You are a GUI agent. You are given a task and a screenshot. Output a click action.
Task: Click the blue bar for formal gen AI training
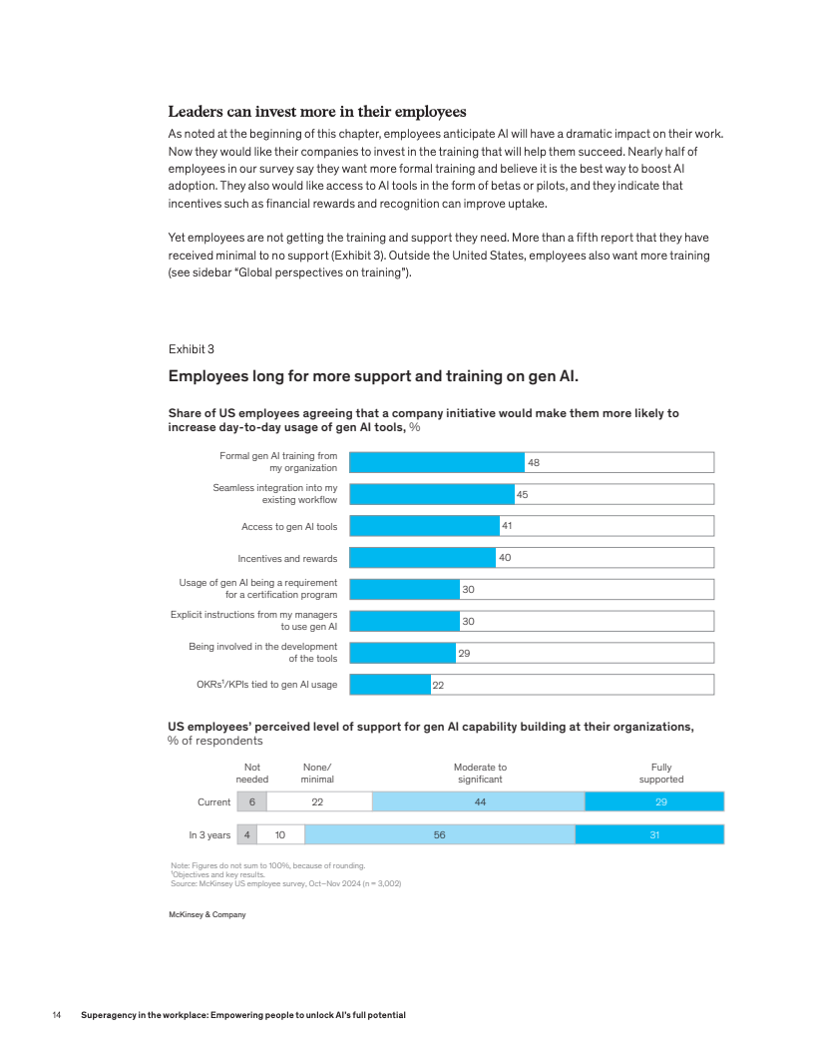(436, 462)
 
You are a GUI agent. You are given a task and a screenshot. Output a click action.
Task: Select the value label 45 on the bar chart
(522, 494)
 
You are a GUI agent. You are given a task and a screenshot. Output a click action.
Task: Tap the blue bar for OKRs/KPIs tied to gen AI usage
(389, 685)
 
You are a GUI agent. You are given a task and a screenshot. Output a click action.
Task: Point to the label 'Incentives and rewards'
(287, 558)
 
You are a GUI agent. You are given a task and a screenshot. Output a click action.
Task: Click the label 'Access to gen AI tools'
(289, 526)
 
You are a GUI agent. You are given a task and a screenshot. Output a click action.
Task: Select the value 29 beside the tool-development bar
(464, 653)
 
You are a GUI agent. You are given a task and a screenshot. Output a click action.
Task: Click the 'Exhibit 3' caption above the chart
(191, 348)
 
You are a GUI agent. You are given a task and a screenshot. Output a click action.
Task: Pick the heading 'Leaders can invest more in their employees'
(317, 111)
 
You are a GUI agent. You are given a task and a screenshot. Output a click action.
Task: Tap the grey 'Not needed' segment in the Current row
(251, 801)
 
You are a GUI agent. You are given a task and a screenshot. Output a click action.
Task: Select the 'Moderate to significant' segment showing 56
(439, 834)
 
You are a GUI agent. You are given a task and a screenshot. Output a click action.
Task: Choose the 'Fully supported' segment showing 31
(649, 834)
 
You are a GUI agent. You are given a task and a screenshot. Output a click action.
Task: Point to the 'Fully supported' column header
(661, 773)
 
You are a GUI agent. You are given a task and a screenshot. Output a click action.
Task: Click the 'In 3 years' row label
(209, 834)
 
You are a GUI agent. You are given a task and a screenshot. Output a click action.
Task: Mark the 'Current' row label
(214, 801)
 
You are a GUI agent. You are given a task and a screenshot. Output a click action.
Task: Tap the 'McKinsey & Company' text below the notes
(206, 914)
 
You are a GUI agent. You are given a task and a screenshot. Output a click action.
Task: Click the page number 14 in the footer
(57, 1015)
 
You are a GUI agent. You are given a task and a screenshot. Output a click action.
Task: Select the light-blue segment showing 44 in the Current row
(478, 801)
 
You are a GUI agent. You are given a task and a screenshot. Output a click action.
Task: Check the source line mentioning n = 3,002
(286, 883)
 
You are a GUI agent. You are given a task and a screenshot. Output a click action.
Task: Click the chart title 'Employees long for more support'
(373, 376)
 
